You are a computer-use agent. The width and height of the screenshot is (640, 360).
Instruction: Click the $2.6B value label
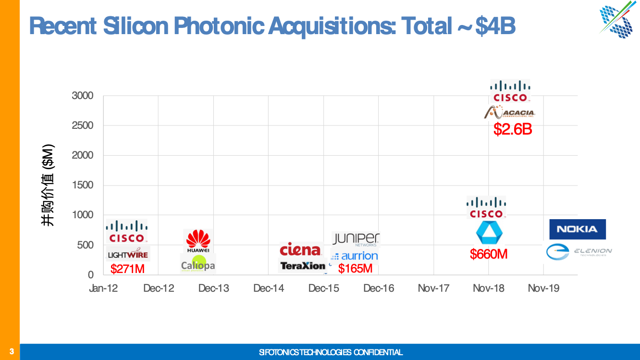coord(513,129)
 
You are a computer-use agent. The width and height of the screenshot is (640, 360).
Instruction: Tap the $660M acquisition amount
coord(489,254)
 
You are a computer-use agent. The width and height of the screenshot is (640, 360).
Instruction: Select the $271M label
coord(127,269)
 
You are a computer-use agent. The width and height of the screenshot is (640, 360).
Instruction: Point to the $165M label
coord(355,269)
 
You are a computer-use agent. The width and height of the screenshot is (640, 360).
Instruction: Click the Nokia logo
coord(577,229)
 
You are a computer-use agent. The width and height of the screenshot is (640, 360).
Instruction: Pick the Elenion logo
coord(579,251)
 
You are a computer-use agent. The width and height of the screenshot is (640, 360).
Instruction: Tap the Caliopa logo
coord(198,265)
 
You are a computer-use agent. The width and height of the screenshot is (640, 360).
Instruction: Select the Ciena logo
coord(300,249)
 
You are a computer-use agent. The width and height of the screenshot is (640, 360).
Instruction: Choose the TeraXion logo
coord(303,265)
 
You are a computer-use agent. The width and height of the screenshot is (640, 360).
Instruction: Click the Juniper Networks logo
coord(356,239)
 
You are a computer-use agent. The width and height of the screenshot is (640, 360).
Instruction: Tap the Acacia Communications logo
coord(509,112)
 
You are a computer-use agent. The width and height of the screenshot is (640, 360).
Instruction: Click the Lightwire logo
coord(128,254)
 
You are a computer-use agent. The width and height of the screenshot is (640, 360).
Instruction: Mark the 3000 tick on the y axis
coord(83,96)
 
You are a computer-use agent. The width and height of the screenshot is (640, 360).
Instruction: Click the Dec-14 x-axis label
coord(269,288)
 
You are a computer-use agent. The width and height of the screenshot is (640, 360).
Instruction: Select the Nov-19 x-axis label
coord(543,288)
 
